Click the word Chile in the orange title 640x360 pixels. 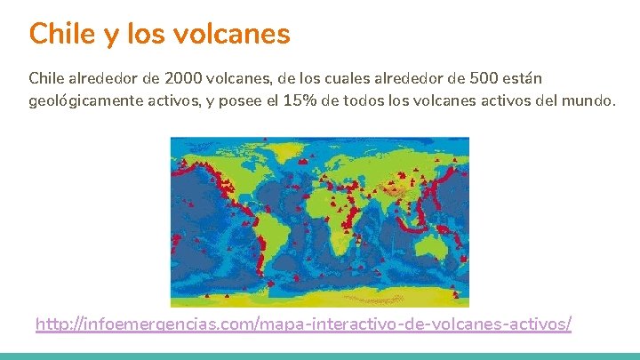[x=60, y=34]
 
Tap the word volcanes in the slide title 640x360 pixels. [x=239, y=34]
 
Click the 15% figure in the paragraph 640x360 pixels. [x=298, y=100]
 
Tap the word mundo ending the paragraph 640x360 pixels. [x=587, y=100]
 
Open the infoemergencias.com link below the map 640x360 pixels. [x=303, y=324]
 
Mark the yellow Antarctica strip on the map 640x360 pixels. [x=320, y=298]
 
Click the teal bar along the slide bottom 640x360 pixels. [x=320, y=356]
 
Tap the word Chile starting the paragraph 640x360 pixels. [x=46, y=77]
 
